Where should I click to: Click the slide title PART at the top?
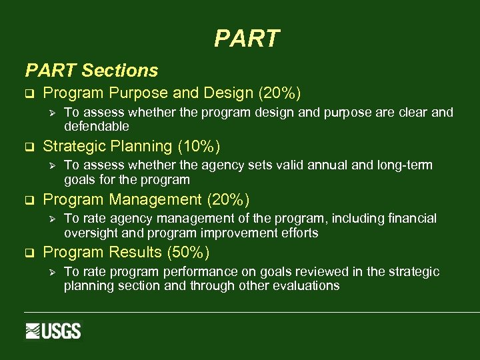[247, 39]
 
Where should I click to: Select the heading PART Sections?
[91, 70]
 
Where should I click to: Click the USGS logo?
[53, 331]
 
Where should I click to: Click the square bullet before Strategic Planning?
[29, 147]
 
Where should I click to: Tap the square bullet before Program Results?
[29, 253]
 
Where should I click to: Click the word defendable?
[97, 127]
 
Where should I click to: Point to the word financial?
[412, 219]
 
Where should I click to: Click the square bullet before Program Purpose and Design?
[29, 93]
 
